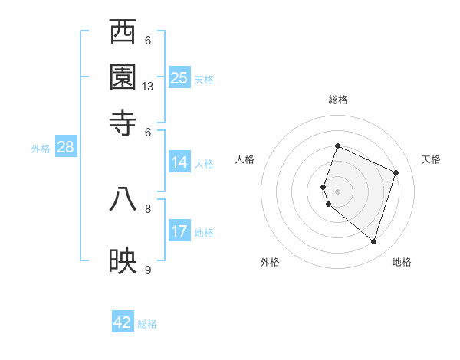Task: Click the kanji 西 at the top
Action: (x=123, y=32)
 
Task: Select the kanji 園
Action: (x=123, y=77)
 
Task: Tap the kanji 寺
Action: (x=123, y=123)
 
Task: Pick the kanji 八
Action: (x=123, y=199)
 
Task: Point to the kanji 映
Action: (x=123, y=261)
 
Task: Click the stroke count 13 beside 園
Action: (x=148, y=87)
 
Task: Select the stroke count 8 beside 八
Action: (x=148, y=208)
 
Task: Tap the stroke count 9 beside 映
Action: (x=148, y=270)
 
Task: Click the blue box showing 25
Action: (x=179, y=77)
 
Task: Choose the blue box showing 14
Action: (x=179, y=162)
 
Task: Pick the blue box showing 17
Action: (x=179, y=231)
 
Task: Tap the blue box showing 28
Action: (x=65, y=148)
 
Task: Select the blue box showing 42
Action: (x=123, y=322)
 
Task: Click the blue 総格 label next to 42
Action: (x=147, y=324)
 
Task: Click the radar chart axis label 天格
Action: (x=431, y=159)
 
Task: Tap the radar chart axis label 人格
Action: (x=245, y=159)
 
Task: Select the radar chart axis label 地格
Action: (x=402, y=262)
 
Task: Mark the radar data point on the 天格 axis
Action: (x=396, y=172)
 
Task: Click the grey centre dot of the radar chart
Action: (x=338, y=191)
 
